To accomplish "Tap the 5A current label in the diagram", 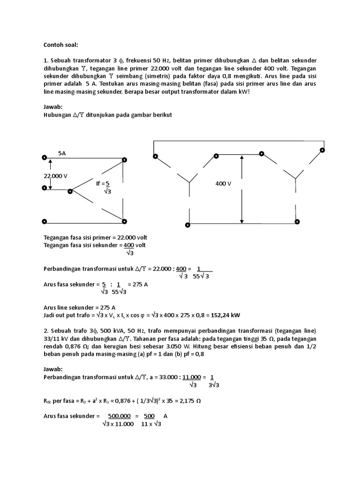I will (x=62, y=153).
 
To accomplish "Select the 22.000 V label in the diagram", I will (x=55, y=175).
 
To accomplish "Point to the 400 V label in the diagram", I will (x=224, y=183).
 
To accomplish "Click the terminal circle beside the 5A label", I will (x=44, y=158).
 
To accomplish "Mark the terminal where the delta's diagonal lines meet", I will (x=70, y=191).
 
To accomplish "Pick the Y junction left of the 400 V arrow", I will (x=189, y=180).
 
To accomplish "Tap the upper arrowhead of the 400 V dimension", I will (x=241, y=158).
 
